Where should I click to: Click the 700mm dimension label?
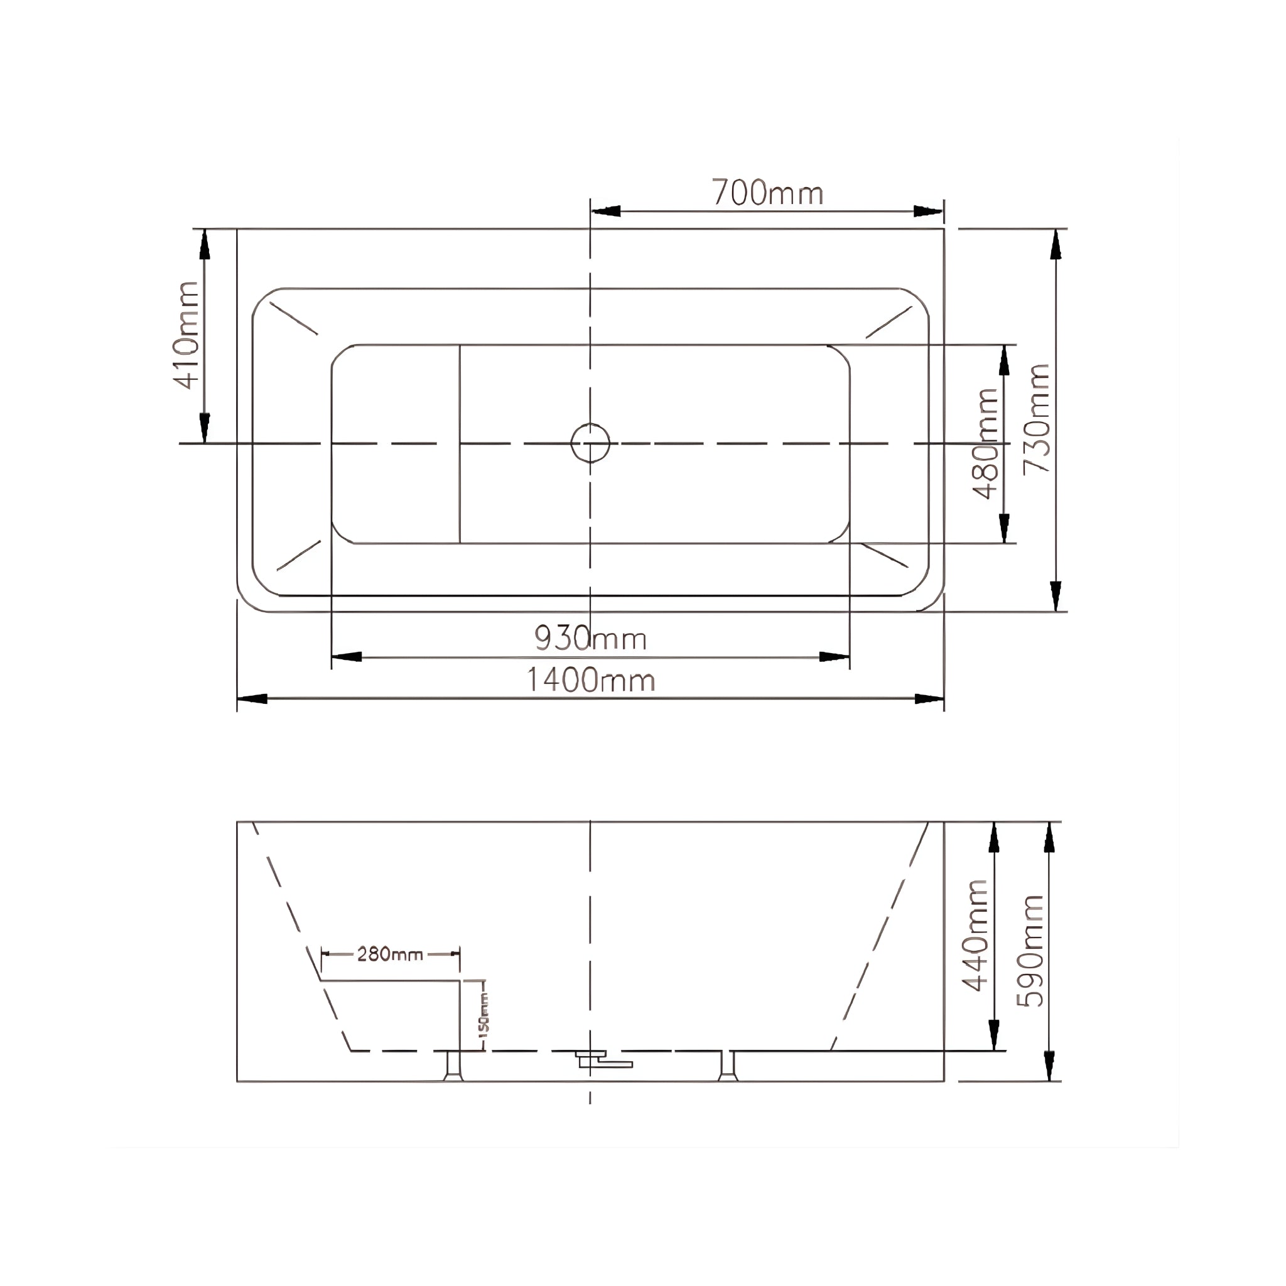767,193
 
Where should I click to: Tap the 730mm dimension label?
1036,419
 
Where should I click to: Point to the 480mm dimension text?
986,443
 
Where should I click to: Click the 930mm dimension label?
590,639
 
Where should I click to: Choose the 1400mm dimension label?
590,680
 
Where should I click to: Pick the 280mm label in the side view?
389,954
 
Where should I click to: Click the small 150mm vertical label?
484,1013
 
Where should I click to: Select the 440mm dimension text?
976,935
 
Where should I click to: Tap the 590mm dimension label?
1031,951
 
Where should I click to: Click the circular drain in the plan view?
590,443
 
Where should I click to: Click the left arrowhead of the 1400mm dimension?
252,699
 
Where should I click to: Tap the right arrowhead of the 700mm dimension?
929,212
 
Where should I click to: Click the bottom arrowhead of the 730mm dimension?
1055,595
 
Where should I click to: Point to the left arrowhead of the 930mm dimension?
347,657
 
